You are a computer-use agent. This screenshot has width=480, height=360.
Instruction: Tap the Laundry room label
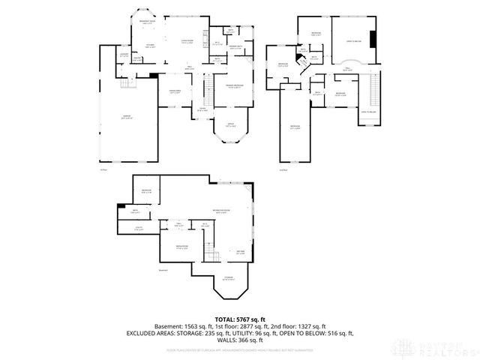coord(124,55)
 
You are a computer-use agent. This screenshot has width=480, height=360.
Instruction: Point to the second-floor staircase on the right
coord(371,94)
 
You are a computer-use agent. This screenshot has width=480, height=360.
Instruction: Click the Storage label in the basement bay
coord(227,279)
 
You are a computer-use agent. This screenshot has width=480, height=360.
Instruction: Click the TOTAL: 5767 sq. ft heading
coord(239,319)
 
